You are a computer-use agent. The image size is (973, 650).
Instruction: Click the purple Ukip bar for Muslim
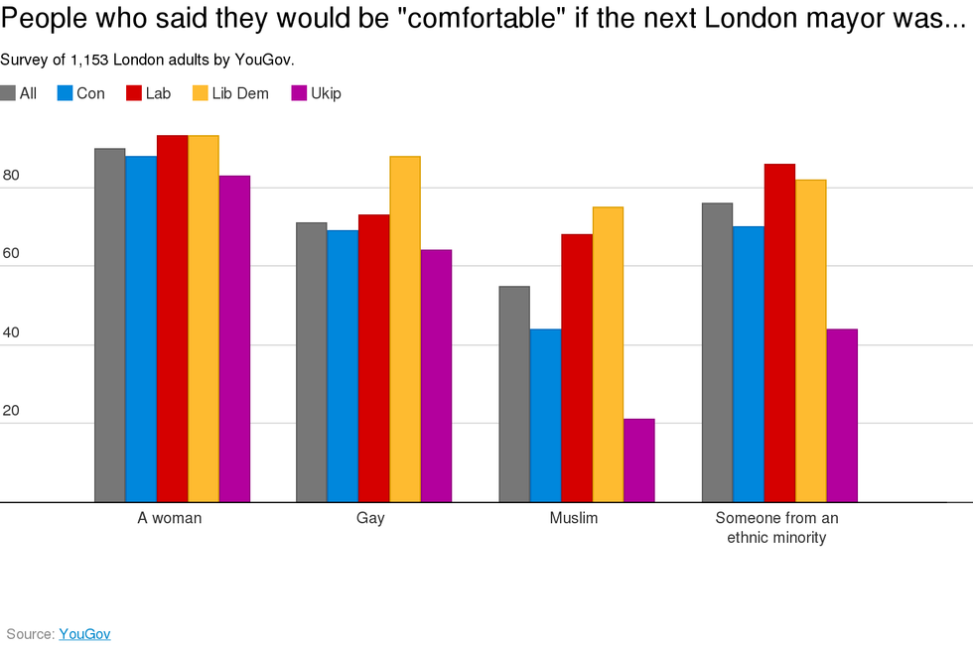[x=639, y=460]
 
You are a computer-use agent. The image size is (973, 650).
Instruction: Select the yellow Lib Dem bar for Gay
[x=405, y=328]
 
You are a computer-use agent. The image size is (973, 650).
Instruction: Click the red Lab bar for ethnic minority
[x=779, y=332]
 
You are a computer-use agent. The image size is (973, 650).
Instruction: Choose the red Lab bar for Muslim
[x=577, y=367]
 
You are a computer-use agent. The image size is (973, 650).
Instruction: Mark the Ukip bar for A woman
[x=234, y=338]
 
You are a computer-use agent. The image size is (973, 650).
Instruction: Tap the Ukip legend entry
[x=316, y=94]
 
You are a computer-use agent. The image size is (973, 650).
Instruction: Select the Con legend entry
[x=80, y=94]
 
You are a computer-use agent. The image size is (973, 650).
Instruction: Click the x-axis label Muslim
[x=574, y=519]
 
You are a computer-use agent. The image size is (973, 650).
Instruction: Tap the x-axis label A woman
[x=170, y=519]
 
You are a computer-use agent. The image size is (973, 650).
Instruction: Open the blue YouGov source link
[x=84, y=634]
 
